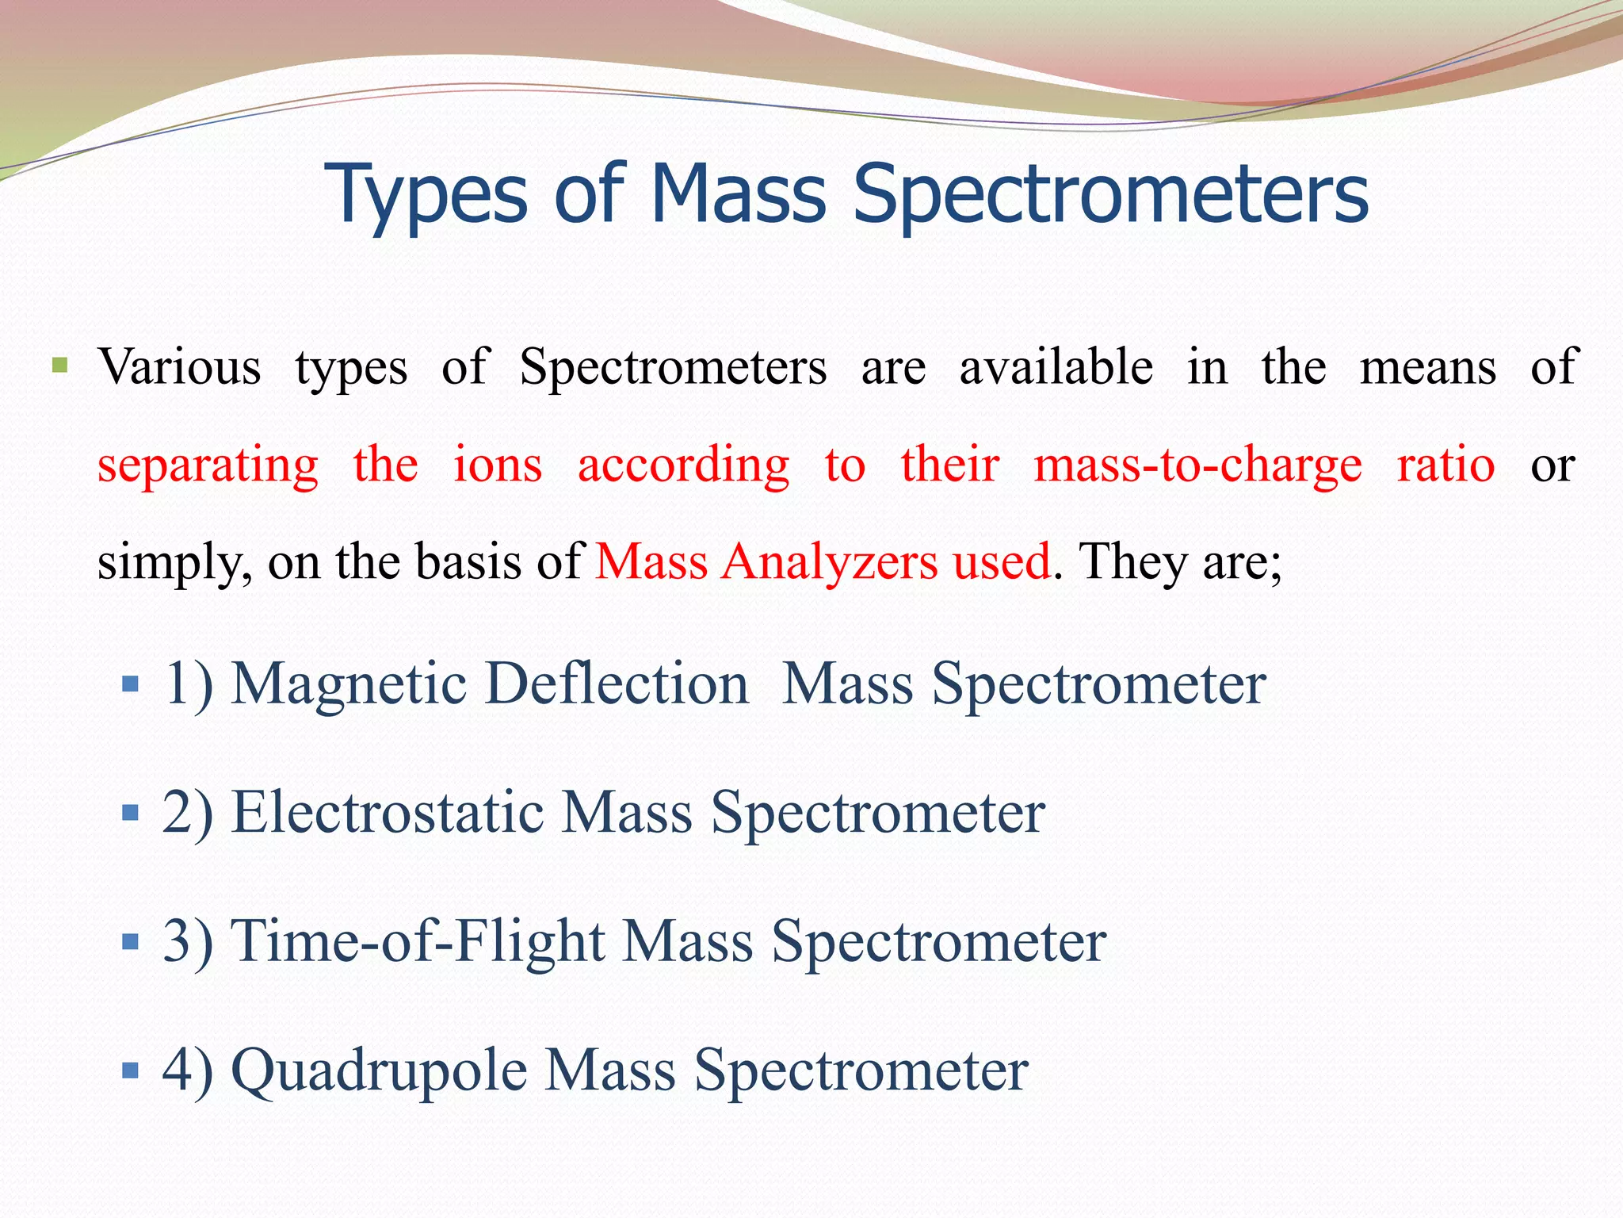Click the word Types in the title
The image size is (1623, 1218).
[x=426, y=194]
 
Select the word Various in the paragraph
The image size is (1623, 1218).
[x=179, y=367]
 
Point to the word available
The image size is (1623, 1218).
[x=1056, y=367]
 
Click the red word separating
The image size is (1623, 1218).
[x=208, y=465]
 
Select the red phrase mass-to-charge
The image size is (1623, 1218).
[x=1197, y=465]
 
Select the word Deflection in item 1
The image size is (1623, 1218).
[x=617, y=683]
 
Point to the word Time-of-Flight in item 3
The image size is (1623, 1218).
[x=417, y=941]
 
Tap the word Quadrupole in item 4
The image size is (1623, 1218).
[x=379, y=1071]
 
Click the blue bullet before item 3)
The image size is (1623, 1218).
[x=131, y=942]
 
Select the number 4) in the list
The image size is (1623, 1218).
[x=188, y=1071]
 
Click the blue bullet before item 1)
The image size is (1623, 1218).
[x=131, y=684]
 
